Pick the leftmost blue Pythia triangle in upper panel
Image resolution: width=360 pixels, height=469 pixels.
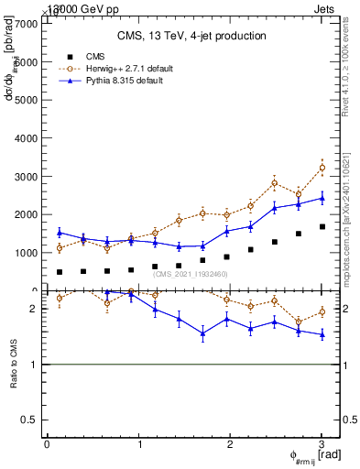(60, 233)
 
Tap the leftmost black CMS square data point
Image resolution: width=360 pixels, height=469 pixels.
(60, 272)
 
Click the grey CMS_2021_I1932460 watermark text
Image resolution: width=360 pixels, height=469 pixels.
(188, 274)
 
